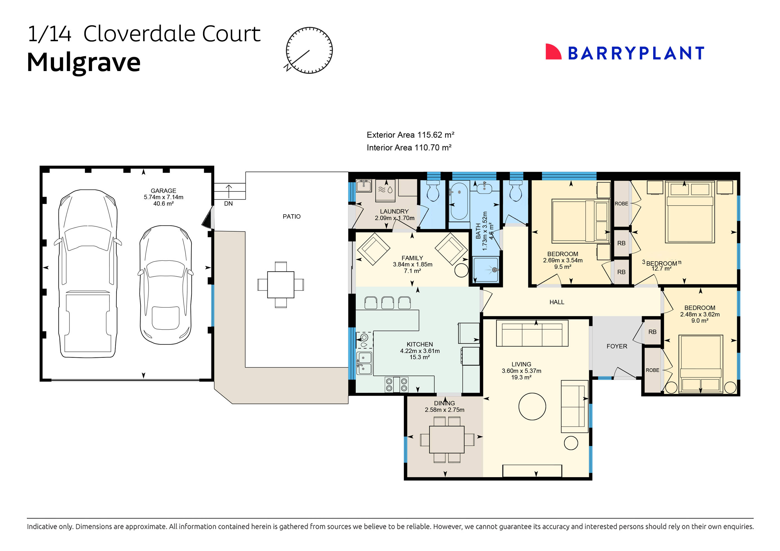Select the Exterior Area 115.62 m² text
[x=410, y=135]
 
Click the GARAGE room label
[x=164, y=191]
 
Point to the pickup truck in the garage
[x=88, y=274]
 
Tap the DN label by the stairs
[x=228, y=203]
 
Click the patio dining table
[x=281, y=285]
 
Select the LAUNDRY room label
[x=394, y=211]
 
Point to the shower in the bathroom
[x=486, y=270]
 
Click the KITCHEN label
[x=420, y=344]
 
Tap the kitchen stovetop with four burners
[x=396, y=384]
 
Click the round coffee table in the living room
[x=532, y=406]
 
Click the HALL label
[x=557, y=302]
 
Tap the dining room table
[x=446, y=440]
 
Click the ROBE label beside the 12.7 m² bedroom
[x=621, y=203]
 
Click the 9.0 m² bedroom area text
[x=699, y=321]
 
